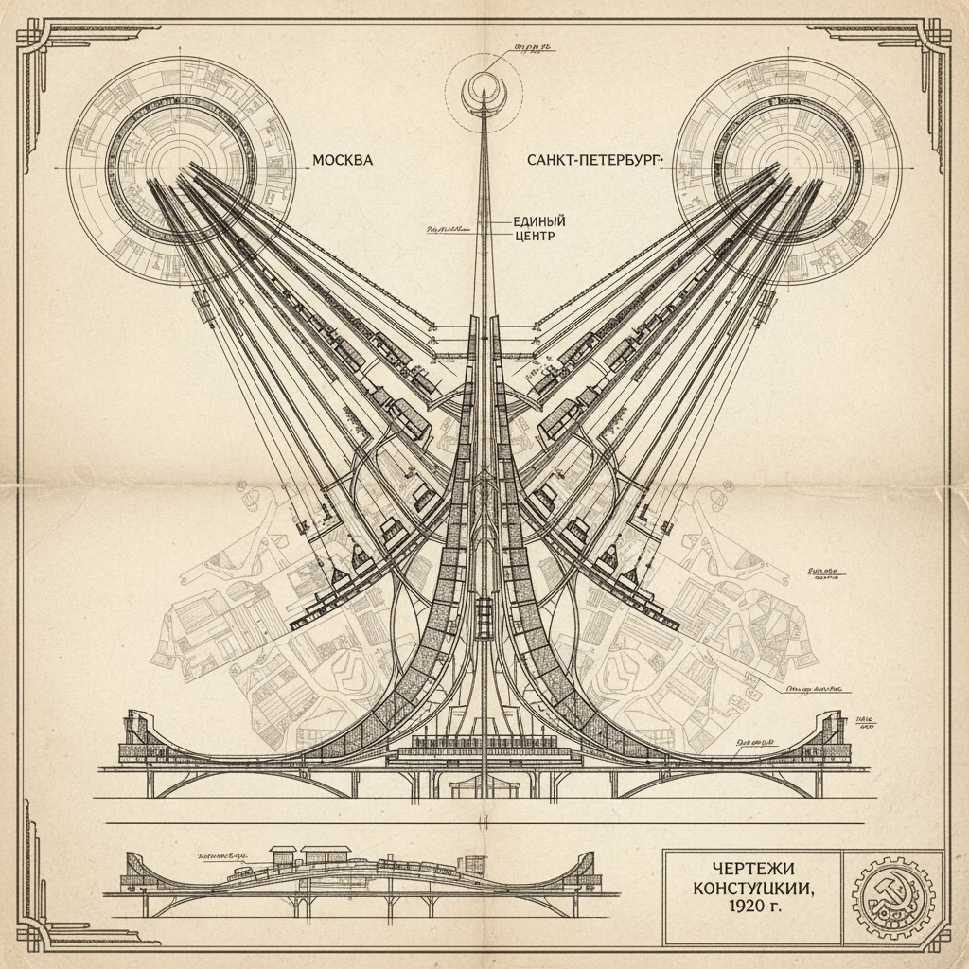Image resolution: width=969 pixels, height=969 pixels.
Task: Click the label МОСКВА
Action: (343, 161)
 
